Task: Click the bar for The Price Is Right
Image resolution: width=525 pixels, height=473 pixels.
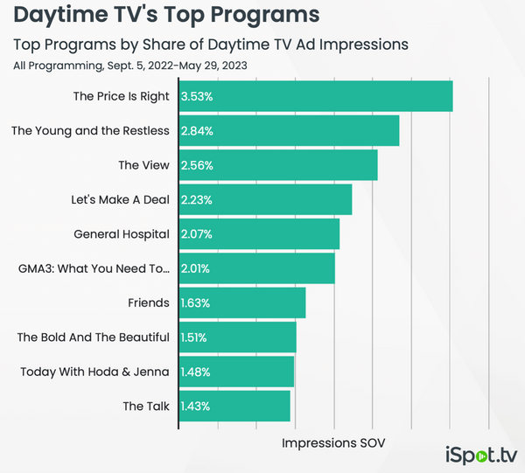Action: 316,96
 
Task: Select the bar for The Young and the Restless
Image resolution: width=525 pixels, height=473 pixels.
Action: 290,131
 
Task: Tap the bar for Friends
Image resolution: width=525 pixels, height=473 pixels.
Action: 242,303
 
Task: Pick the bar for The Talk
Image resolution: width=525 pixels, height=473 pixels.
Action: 234,407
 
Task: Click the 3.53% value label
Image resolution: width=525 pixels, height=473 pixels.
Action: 197,96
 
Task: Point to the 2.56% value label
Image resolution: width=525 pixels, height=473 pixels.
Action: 197,165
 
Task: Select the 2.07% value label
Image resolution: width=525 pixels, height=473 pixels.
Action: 197,234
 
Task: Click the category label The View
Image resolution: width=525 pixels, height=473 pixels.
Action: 141,165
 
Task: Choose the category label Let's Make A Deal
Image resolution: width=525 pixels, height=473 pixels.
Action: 120,199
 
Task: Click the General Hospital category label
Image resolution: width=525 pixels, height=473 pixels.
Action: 122,234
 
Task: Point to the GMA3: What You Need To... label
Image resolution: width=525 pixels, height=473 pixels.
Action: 94,268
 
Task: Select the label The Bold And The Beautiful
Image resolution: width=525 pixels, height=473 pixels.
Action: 93,337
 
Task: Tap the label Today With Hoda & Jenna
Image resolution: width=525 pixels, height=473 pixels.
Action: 94,372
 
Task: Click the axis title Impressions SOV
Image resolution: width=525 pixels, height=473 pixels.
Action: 333,443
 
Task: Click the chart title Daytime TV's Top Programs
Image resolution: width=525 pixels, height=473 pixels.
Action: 166,16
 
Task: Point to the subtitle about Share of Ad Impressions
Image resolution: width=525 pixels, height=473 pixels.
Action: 211,45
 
